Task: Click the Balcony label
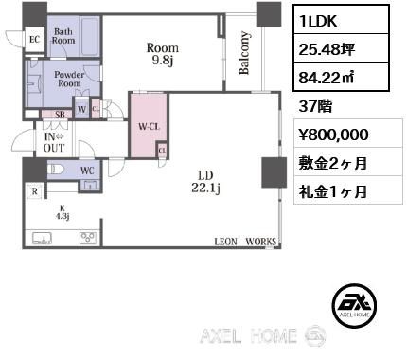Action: tap(244, 53)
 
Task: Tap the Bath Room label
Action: tap(63, 36)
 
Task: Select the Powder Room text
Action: tap(69, 79)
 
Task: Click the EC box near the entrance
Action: tap(35, 40)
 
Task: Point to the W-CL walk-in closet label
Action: tap(150, 127)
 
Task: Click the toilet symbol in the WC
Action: tap(56, 170)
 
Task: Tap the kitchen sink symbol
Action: tap(43, 239)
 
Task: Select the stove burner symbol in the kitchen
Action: tap(88, 238)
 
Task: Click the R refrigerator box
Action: tap(35, 191)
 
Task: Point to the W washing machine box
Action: tap(81, 109)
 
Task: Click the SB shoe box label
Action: tap(60, 115)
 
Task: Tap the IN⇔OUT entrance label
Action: tap(54, 142)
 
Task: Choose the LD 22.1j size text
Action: tap(205, 182)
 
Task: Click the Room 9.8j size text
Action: tap(163, 54)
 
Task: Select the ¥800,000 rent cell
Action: tap(348, 134)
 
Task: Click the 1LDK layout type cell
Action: tap(341, 20)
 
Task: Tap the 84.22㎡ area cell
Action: tap(341, 77)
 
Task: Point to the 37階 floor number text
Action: tap(315, 106)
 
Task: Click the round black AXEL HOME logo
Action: tap(354, 305)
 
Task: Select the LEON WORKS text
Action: tap(245, 242)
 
